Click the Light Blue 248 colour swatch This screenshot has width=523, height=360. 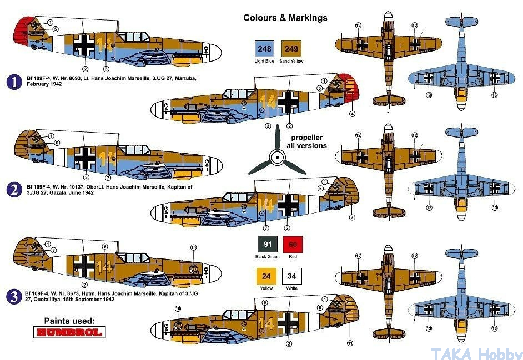point(264,49)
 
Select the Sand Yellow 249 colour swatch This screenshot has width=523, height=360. point(291,49)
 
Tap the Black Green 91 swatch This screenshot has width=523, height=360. point(268,244)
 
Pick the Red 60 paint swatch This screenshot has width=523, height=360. point(293,244)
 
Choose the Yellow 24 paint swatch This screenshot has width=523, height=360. point(266,276)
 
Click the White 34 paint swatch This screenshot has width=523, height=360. point(292,276)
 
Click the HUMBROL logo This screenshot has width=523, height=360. point(69,332)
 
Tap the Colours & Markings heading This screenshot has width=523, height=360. point(285,18)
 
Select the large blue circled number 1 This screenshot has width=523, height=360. point(14,82)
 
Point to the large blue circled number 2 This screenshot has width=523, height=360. point(14,190)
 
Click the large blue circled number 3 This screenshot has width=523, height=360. point(14,296)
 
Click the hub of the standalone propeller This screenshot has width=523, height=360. point(278,157)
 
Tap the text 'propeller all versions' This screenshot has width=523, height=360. point(306,141)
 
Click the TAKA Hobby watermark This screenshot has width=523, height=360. point(476,353)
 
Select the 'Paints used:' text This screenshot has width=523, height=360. point(69,321)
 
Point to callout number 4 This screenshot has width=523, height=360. point(352,114)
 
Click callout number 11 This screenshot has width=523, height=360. point(350,343)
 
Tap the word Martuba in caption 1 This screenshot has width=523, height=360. point(185,78)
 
